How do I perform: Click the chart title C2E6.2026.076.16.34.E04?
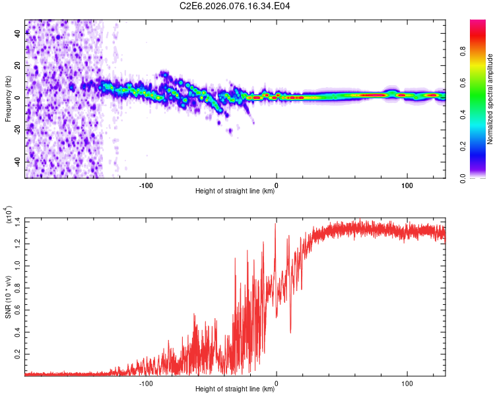tap(236, 7)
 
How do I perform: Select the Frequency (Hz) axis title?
tap(8, 99)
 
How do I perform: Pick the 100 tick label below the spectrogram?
tap(407, 185)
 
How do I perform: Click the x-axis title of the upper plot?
tap(235, 191)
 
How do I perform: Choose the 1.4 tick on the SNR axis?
tap(17, 221)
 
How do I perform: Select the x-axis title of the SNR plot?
tap(235, 389)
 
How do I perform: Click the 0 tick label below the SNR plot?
tap(277, 382)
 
